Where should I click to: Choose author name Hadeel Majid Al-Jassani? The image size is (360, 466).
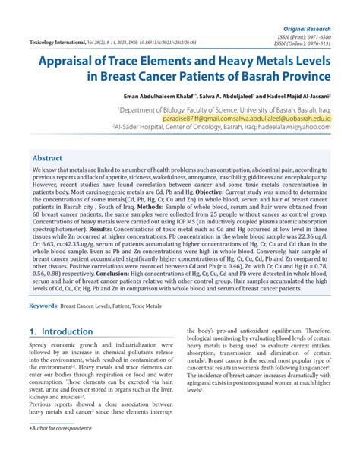click(x=302, y=97)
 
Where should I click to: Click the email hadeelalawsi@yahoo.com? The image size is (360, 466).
click(x=311, y=128)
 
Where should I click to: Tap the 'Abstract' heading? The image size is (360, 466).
click(x=47, y=152)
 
